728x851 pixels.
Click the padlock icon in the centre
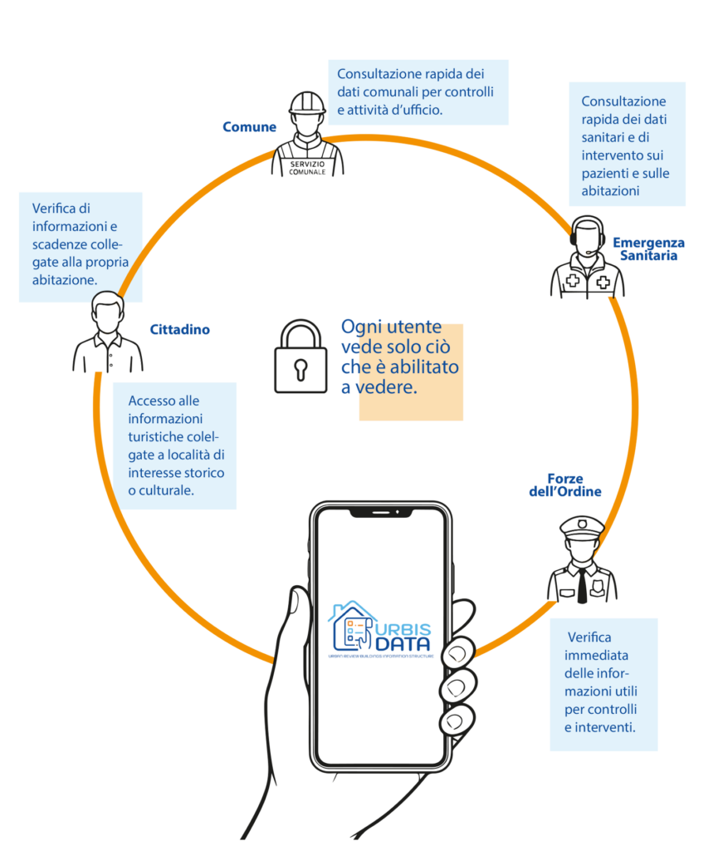300,357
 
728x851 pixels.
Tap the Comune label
249,127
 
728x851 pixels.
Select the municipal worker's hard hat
306,104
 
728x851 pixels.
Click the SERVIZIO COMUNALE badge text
308,168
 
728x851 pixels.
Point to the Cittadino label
180,330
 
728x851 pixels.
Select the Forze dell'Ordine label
564,485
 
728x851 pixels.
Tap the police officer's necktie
583,583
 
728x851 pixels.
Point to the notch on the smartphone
381,513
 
